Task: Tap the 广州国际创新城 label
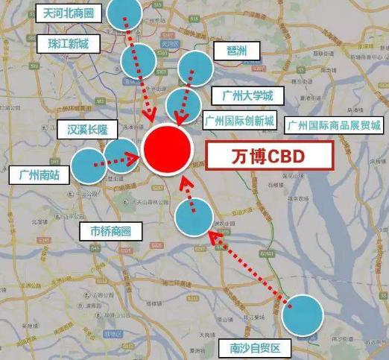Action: (x=238, y=121)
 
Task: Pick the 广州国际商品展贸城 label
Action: (x=334, y=124)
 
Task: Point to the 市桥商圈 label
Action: (x=110, y=232)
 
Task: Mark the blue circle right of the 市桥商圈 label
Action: (x=194, y=217)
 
